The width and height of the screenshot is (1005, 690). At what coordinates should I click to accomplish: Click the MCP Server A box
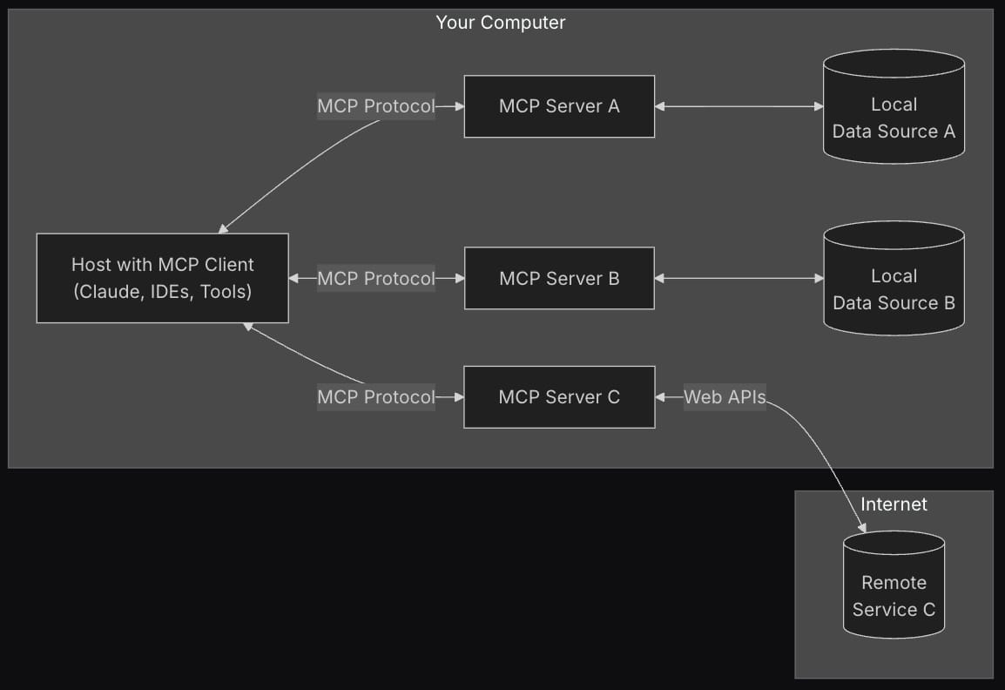pyautogui.click(x=559, y=106)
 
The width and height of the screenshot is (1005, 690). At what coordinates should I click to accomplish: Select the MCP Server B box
pyautogui.click(x=559, y=279)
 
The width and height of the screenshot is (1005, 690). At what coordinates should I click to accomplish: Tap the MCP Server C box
pyautogui.click(x=559, y=397)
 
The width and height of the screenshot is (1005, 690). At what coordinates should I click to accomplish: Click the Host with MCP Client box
pyautogui.click(x=162, y=278)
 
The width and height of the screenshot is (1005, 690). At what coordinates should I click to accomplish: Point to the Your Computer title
pyautogui.click(x=500, y=23)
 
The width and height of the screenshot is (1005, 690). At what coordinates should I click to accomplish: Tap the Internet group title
pyautogui.click(x=894, y=504)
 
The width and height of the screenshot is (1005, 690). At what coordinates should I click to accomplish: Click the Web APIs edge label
pyautogui.click(x=724, y=397)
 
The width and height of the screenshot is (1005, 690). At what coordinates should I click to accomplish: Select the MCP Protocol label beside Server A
pyautogui.click(x=375, y=106)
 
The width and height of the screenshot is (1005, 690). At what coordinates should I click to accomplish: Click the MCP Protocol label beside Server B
pyautogui.click(x=375, y=279)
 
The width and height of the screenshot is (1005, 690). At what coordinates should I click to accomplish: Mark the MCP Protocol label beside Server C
pyautogui.click(x=375, y=397)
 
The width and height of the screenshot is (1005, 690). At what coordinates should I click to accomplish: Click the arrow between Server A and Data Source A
pyautogui.click(x=739, y=106)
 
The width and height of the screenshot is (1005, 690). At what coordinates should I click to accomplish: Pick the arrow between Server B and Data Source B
pyautogui.click(x=739, y=279)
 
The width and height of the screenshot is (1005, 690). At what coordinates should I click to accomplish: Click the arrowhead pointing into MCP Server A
pyautogui.click(x=458, y=106)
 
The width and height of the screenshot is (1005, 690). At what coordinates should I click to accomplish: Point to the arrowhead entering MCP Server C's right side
pyautogui.click(x=661, y=397)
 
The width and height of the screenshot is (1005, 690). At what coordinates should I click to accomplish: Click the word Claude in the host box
pyautogui.click(x=105, y=292)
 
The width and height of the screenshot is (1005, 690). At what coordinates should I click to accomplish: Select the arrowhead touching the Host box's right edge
pyautogui.click(x=294, y=279)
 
